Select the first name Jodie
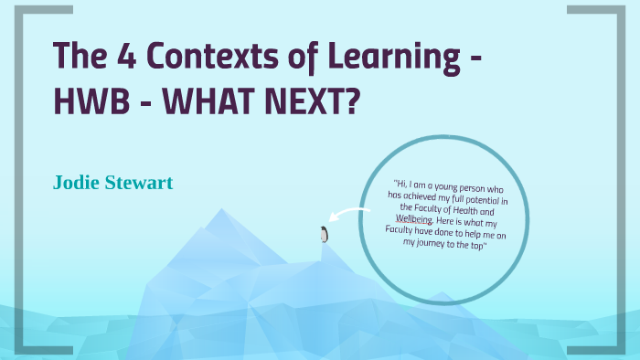point(79,183)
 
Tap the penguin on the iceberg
point(324,234)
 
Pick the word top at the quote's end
point(479,245)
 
